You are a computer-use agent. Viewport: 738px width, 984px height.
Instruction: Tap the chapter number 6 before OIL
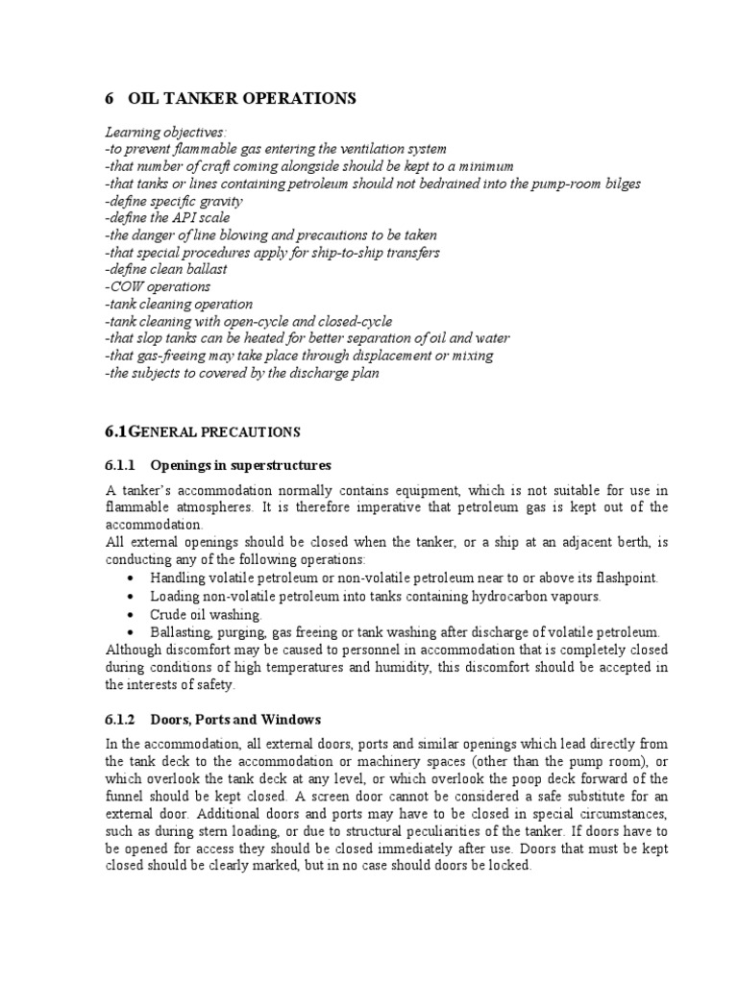(109, 98)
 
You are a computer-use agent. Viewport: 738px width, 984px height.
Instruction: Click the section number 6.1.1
(121, 466)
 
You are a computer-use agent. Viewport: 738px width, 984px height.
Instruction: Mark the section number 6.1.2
(121, 719)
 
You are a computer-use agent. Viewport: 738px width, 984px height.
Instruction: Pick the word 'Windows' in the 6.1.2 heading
(292, 719)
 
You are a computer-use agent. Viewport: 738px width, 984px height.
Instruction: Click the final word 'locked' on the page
(509, 866)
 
